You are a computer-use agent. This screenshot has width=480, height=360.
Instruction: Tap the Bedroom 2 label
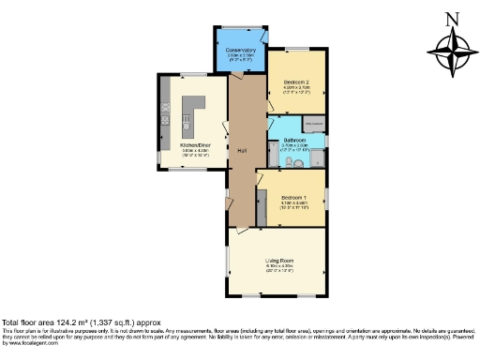click(296, 82)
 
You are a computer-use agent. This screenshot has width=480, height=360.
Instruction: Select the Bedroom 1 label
click(294, 196)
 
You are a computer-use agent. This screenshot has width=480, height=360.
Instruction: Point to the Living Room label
click(279, 260)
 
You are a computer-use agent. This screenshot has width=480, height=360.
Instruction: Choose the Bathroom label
click(295, 140)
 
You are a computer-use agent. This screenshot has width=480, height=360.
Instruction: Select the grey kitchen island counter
click(191, 112)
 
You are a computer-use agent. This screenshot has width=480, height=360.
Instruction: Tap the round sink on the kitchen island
click(186, 120)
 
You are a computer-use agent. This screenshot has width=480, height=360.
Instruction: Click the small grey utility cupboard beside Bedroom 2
click(314, 124)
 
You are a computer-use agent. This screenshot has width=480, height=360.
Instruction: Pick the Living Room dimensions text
click(279, 268)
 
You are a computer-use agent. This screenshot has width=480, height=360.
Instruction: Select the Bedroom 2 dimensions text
click(296, 91)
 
